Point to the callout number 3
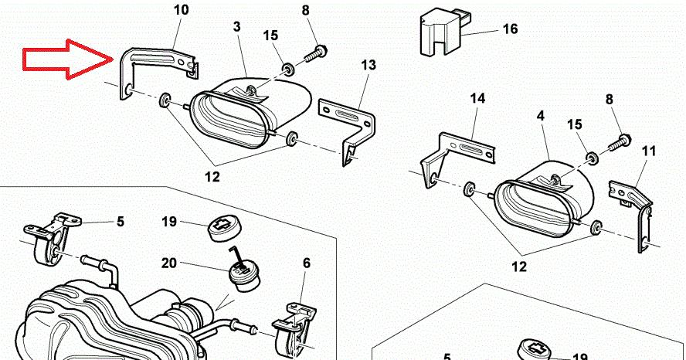(x=237, y=26)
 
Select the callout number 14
(x=477, y=99)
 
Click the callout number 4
(x=541, y=116)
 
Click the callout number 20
(x=168, y=263)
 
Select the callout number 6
(x=307, y=263)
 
